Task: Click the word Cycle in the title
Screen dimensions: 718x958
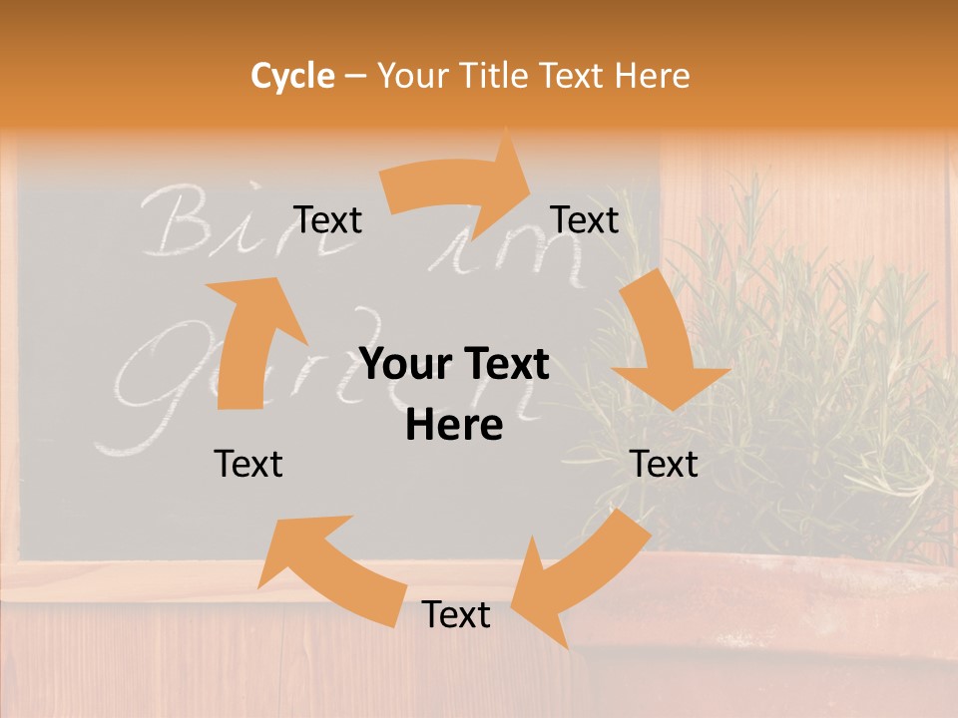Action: [292, 76]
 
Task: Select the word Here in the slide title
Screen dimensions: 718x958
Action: [649, 76]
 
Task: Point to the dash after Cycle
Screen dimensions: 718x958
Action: [355, 77]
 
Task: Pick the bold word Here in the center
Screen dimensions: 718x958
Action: [454, 426]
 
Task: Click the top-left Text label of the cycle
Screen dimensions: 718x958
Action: [327, 220]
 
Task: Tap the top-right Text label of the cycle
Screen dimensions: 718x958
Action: [585, 220]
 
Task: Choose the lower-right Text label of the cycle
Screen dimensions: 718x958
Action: [665, 464]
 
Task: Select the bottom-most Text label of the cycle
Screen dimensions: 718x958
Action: [456, 615]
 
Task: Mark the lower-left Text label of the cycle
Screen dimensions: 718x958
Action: [248, 464]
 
